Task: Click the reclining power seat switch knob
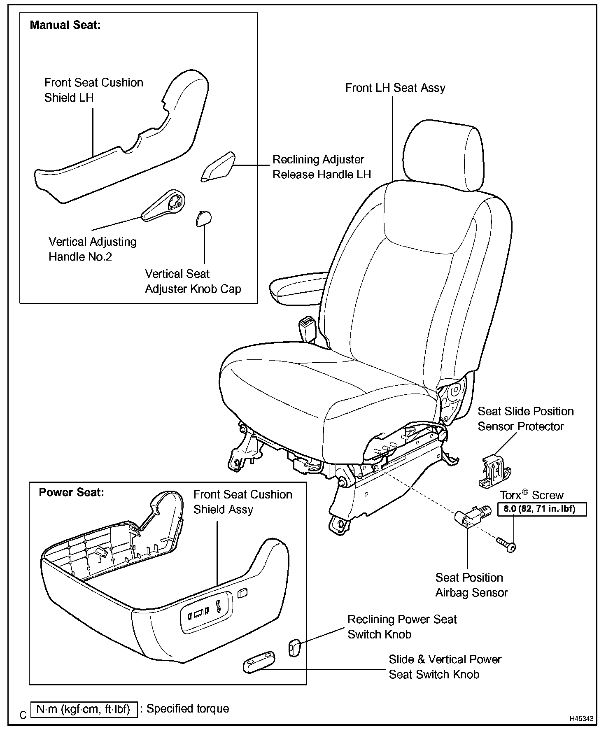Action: (294, 647)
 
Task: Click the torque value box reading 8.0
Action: (542, 509)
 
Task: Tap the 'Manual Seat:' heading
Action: (65, 25)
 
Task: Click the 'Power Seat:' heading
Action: (71, 492)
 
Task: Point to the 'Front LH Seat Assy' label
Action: (395, 88)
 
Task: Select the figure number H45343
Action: (581, 719)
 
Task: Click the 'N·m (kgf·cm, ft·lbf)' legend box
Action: (84, 709)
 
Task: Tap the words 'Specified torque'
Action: (188, 708)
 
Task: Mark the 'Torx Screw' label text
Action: (531, 495)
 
